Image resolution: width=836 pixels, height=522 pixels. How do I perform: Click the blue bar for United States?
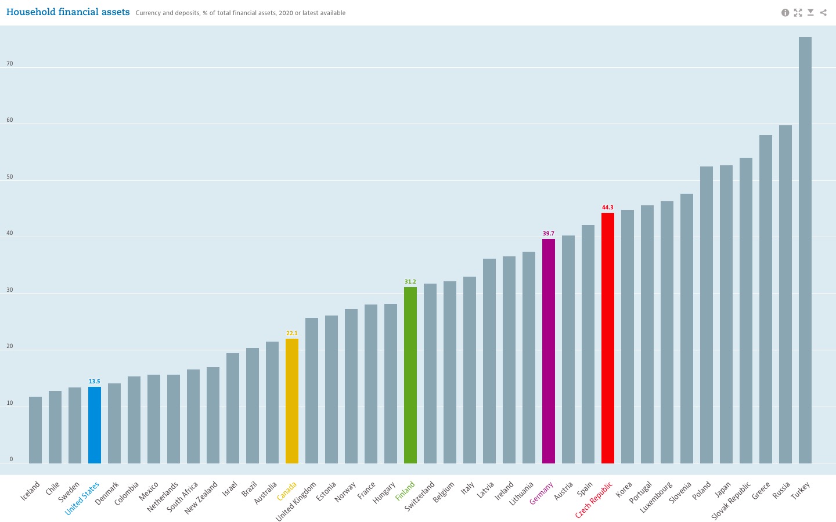tap(95, 425)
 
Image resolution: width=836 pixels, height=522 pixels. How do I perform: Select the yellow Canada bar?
tap(292, 401)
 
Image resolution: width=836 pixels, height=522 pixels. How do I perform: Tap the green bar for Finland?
tap(410, 375)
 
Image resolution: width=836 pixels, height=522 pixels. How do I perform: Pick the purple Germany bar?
tap(549, 351)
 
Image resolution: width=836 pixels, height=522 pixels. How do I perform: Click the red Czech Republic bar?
tap(608, 338)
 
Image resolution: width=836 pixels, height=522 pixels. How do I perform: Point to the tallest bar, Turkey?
tap(805, 250)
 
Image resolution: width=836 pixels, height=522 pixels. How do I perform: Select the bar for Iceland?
tap(35, 430)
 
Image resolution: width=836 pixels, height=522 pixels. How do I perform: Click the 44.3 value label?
tap(608, 208)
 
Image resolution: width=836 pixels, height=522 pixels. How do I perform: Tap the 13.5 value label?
tap(95, 382)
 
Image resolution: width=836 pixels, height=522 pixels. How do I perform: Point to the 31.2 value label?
tap(410, 282)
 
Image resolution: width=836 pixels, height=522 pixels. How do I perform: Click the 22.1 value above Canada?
tap(292, 333)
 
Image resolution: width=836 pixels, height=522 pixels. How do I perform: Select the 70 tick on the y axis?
tap(10, 64)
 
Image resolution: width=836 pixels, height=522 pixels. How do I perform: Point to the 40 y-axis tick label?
tap(10, 234)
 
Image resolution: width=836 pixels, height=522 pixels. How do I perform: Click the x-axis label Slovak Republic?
tap(732, 500)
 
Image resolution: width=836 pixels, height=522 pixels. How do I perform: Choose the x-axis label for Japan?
tap(723, 491)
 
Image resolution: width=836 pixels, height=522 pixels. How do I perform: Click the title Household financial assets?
tap(68, 12)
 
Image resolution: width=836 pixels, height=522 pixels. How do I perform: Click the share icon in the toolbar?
tap(823, 13)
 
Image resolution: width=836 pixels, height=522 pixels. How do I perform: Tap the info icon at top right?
tap(785, 13)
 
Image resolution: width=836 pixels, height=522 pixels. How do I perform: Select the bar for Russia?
tap(785, 294)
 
